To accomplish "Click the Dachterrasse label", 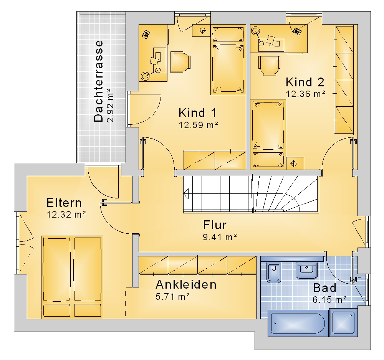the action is coord(98,81).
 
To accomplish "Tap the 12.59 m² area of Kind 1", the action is coord(199,125).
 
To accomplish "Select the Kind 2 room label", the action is coord(305,82).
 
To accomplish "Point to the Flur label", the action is coord(215,225).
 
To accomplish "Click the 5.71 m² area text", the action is coord(173,297).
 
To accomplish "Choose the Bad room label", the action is coord(324,288).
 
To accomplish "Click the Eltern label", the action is coord(64,203).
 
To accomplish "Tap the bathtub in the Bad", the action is coord(298,323).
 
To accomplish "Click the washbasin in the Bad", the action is coord(306,271).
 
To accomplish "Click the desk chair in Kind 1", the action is coord(180,62).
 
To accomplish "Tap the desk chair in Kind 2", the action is coord(269,66).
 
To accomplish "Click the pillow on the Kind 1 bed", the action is coord(228,34).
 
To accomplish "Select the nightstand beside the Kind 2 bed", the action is coord(295,163).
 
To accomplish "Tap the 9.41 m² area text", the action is coord(220,237).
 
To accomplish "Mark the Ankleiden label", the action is coord(186,285).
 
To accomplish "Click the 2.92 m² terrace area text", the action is coord(111,106).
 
